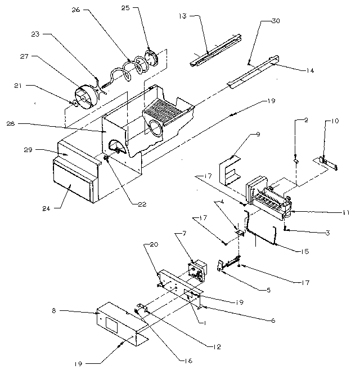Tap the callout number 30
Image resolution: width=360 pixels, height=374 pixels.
click(x=275, y=21)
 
